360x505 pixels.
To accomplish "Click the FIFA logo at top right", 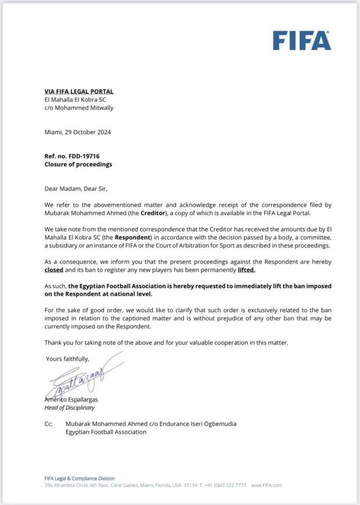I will (302, 41).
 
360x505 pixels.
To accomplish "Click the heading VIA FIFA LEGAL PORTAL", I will (79, 92).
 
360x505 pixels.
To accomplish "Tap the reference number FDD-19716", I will (85, 156).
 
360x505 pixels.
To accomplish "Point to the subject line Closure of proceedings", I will (78, 164).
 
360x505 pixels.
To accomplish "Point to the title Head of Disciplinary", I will (69, 407).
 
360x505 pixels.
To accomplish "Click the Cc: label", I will (49, 424).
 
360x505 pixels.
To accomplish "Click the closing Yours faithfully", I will (67, 359).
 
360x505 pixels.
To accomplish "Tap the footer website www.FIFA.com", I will (267, 485).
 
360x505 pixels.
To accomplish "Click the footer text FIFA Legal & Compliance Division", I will (80, 478).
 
